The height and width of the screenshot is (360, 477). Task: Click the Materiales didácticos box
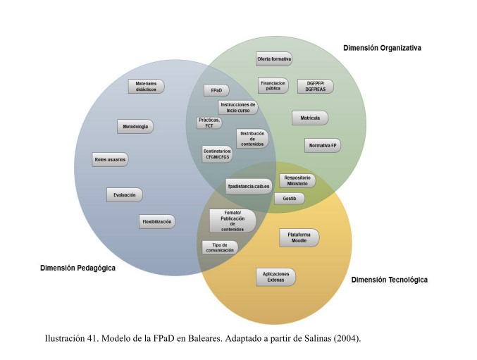click(x=146, y=87)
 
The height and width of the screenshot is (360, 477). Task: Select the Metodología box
click(x=135, y=127)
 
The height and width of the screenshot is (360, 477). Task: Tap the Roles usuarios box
click(x=111, y=160)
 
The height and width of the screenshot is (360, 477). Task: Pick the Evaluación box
click(x=125, y=194)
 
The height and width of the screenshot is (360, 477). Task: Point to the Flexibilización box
click(x=157, y=222)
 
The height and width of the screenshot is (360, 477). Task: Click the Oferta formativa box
click(x=274, y=59)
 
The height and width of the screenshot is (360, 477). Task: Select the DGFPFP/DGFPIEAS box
click(x=315, y=86)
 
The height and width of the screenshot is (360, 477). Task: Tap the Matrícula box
click(x=310, y=118)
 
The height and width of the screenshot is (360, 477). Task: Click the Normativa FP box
click(x=323, y=146)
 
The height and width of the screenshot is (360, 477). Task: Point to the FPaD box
click(x=216, y=91)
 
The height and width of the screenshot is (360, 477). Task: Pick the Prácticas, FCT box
click(x=210, y=123)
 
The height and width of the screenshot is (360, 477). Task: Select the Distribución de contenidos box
click(x=252, y=138)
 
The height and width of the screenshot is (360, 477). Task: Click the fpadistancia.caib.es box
click(x=248, y=186)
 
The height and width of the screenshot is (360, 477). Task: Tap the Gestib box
click(x=290, y=199)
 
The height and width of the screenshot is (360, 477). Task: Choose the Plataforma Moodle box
click(x=299, y=237)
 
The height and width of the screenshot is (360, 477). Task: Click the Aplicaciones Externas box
click(x=275, y=276)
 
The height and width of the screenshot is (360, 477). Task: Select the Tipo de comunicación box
click(x=219, y=247)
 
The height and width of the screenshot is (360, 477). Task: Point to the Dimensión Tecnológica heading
click(x=389, y=280)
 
